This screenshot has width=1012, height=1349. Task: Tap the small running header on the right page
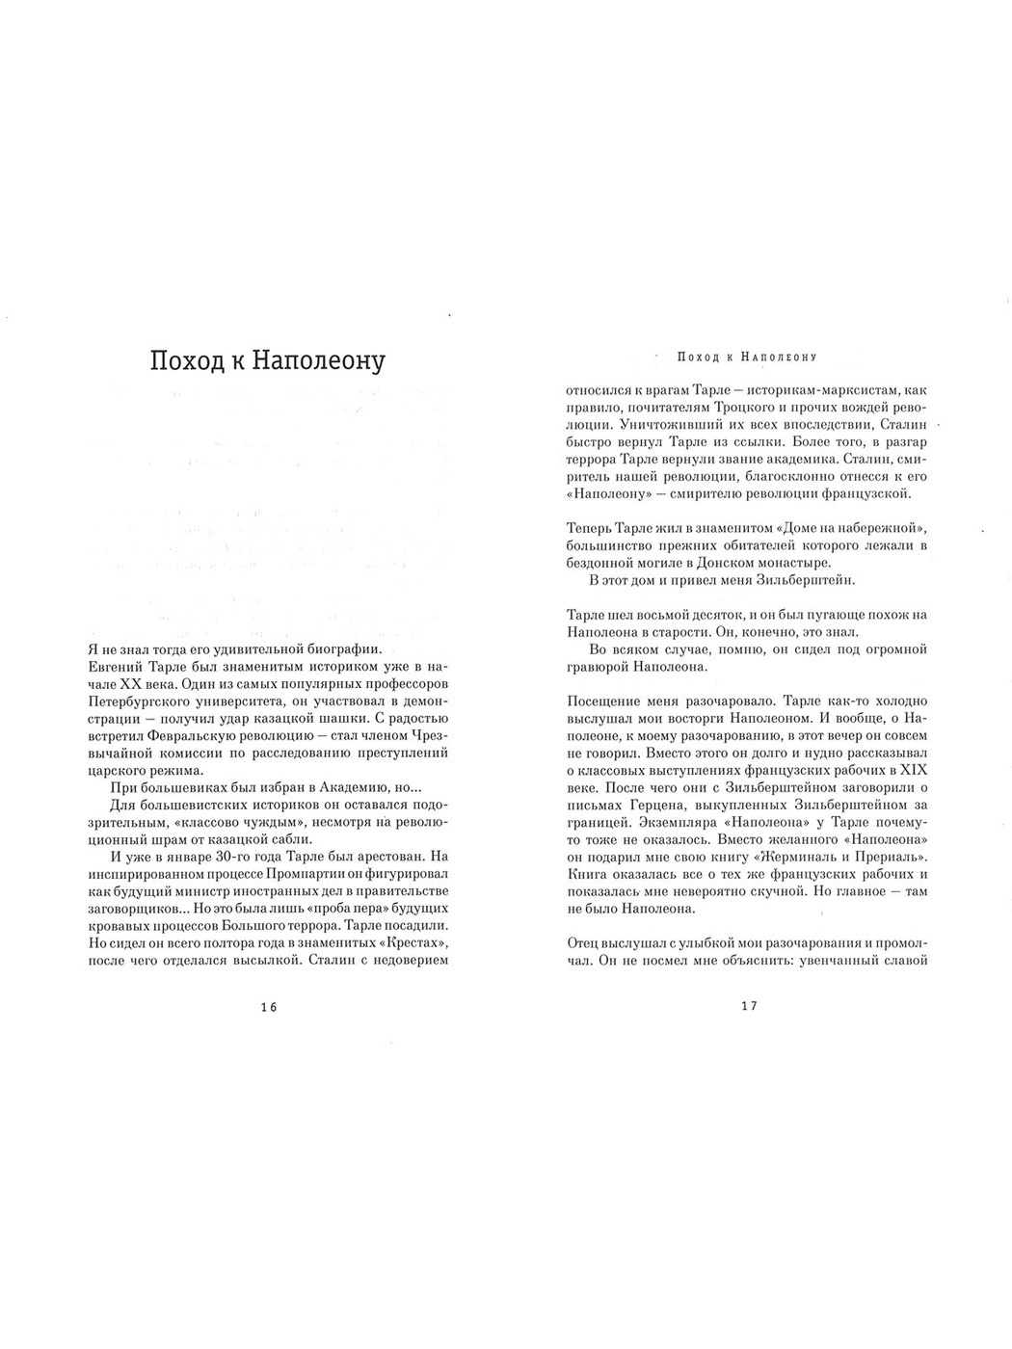tap(747, 357)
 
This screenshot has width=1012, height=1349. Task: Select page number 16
tap(268, 1007)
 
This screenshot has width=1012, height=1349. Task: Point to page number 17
tap(749, 1007)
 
